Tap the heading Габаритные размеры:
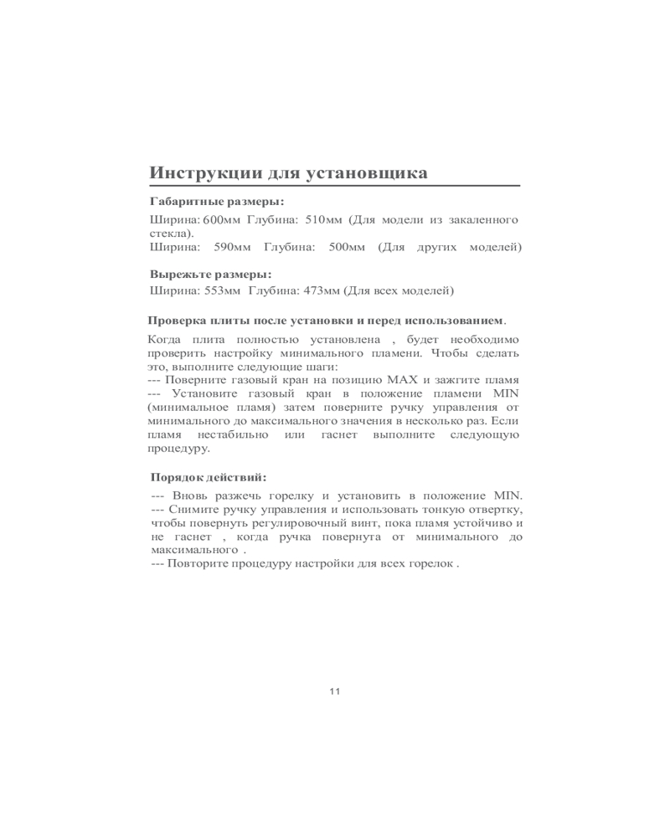pos(216,202)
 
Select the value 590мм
pos(234,247)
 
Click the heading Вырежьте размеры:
pos(210,274)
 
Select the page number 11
pos(335,691)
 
